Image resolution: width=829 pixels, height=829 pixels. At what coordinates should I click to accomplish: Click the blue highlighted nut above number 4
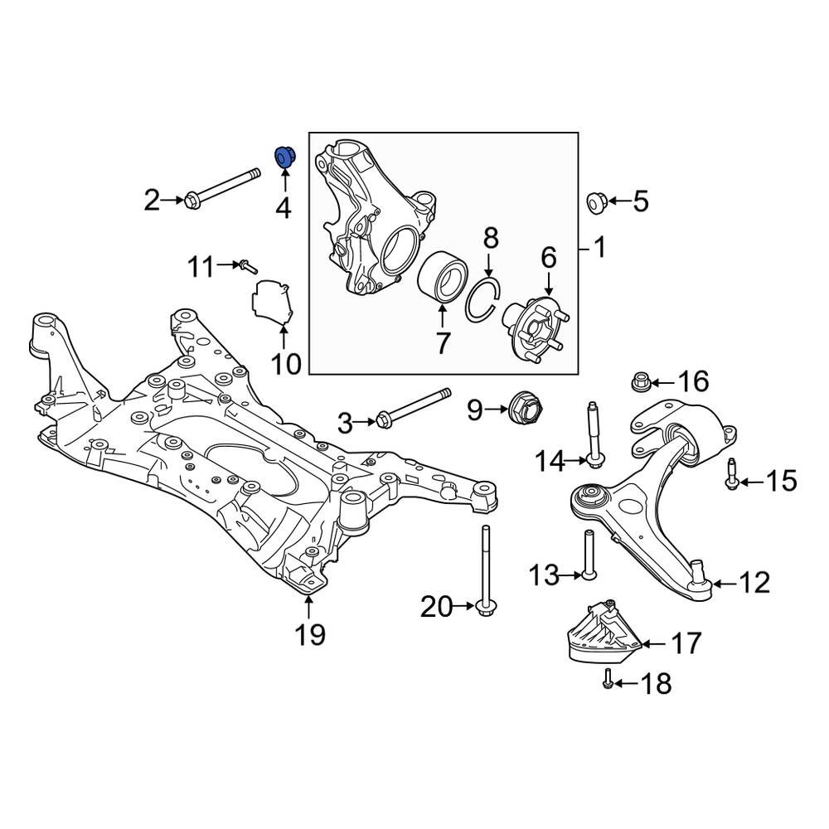284,156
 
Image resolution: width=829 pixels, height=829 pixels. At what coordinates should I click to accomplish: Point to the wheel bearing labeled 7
441,279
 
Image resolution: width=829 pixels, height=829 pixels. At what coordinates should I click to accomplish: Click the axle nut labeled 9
524,407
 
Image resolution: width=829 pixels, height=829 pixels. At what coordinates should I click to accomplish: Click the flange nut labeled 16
638,382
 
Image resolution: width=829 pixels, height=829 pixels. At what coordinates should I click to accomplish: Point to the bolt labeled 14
594,432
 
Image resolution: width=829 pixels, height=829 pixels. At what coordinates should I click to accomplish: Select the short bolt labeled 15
732,474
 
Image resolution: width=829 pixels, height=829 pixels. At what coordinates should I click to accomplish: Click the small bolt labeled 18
607,680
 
